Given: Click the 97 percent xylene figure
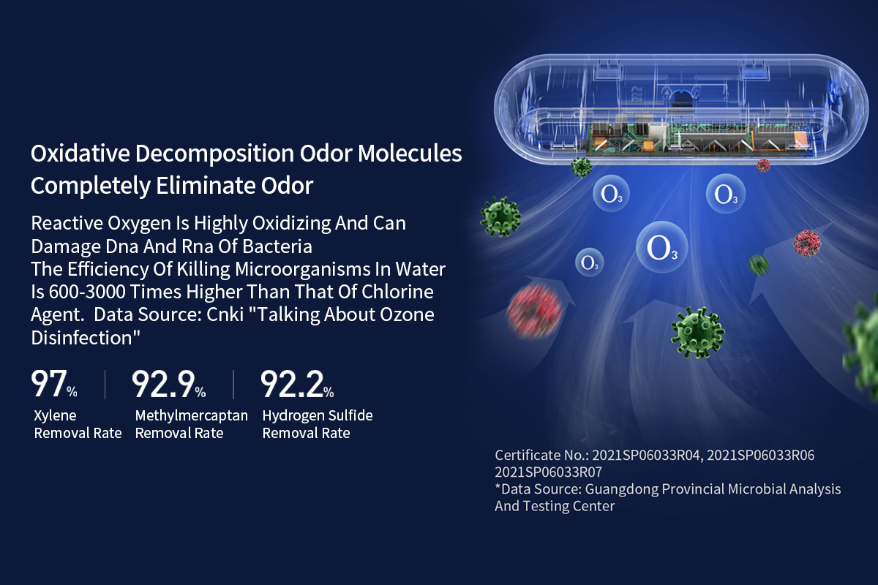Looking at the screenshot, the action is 54,384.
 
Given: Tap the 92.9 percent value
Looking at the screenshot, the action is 168,384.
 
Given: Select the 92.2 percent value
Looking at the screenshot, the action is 297,384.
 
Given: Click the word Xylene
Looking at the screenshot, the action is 55,415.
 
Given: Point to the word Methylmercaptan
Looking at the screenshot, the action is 191,415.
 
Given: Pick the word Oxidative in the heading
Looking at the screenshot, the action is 80,154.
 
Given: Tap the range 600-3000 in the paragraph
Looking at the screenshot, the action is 87,292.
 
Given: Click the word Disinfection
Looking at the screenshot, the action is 86,338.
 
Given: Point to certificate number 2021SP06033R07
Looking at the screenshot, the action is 548,472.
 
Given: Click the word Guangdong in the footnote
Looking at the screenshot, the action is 622,490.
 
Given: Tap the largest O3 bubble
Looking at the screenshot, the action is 662,247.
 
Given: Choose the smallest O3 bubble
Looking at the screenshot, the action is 589,262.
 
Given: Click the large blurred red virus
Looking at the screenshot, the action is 534,312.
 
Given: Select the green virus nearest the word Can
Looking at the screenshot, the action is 500,216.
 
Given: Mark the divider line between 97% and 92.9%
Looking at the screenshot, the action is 105,385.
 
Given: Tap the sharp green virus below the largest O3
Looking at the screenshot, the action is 698,332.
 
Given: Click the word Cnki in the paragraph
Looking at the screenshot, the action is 225,314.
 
